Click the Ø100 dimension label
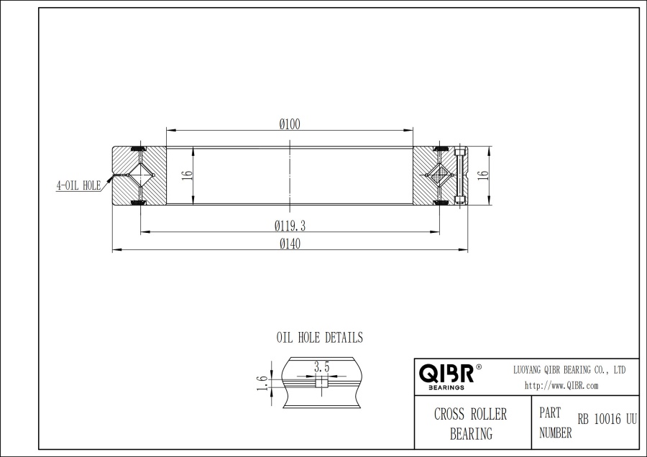pos(290,124)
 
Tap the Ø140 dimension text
pos(290,244)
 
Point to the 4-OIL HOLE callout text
pos(78,185)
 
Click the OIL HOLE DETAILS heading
pos(320,337)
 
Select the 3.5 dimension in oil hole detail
pos(321,367)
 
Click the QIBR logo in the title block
pos(446,374)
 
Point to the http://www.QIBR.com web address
pos(561,385)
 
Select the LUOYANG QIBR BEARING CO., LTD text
pos(569,369)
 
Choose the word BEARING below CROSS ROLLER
pos(471,433)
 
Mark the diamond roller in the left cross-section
pos(141,175)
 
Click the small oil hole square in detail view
pos(321,382)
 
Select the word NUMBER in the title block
pos(555,433)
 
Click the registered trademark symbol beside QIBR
pos(479,367)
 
